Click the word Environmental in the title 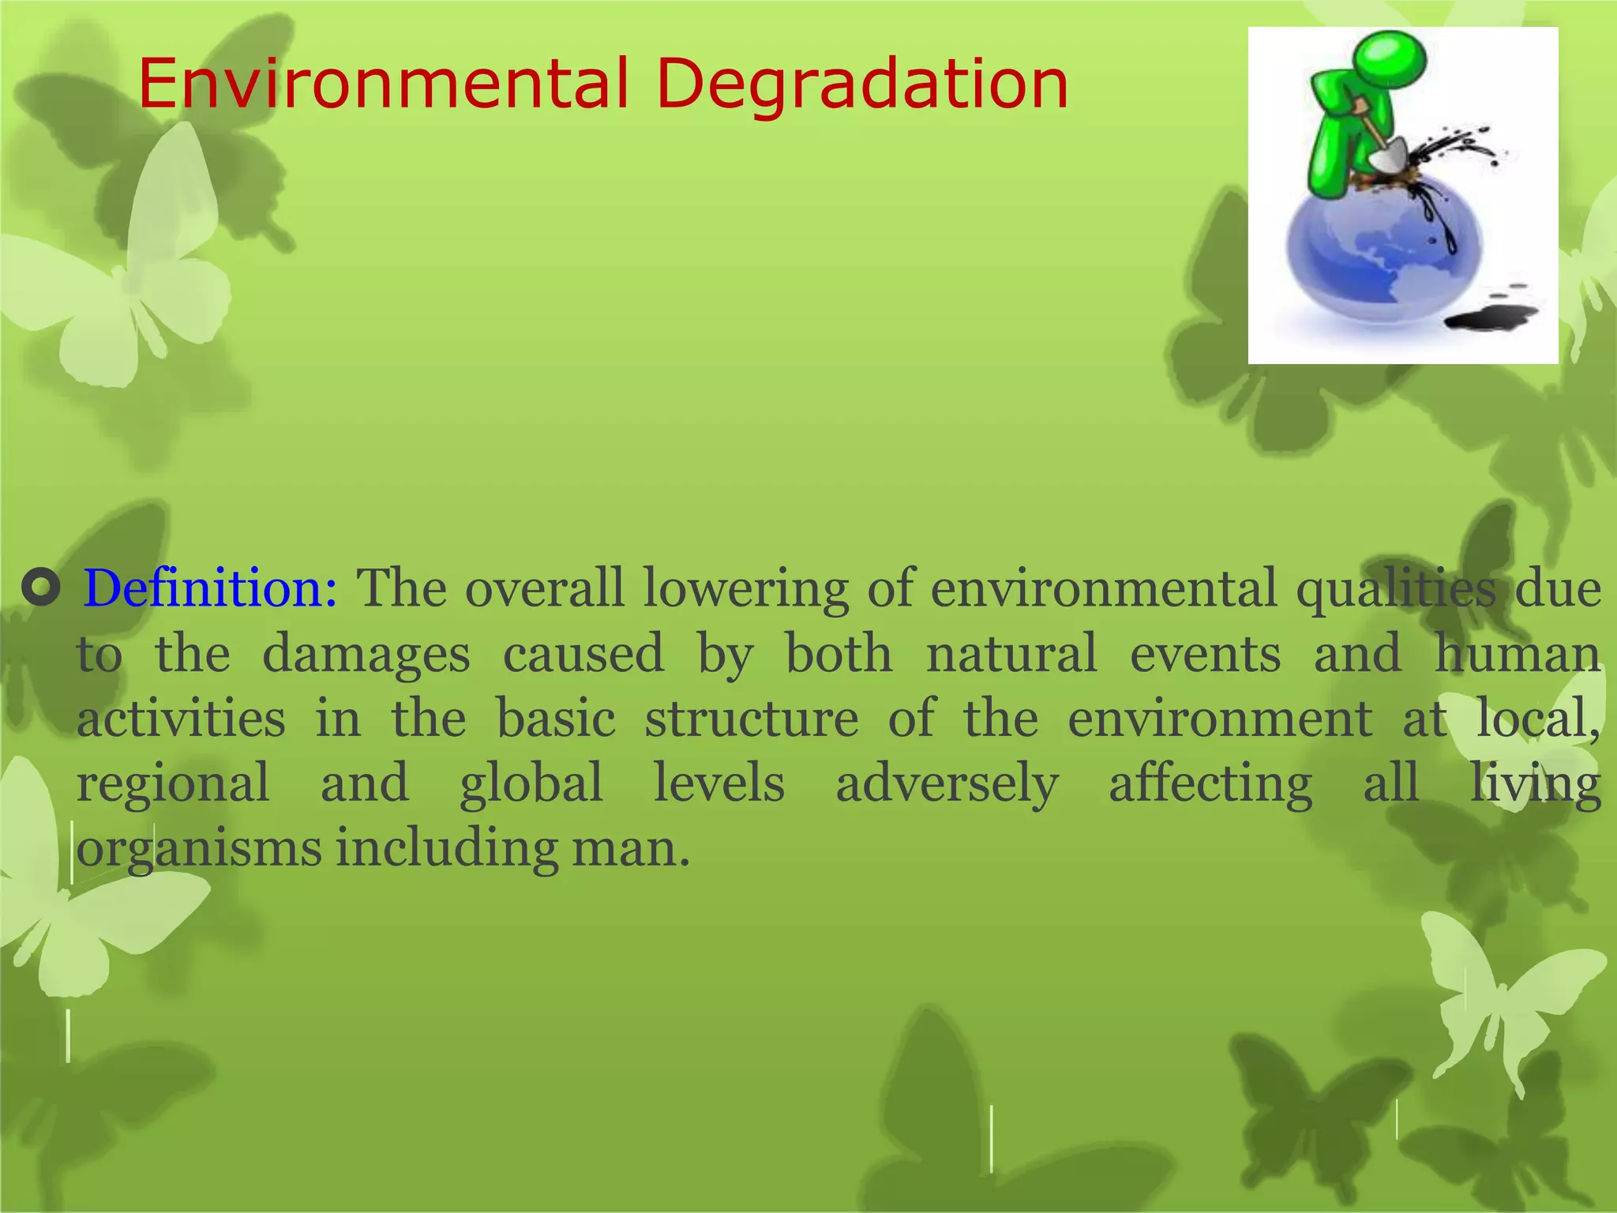pyautogui.click(x=383, y=84)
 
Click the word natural pyautogui.click(x=1011, y=653)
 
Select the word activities pyautogui.click(x=182, y=719)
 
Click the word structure pyautogui.click(x=752, y=719)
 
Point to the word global pyautogui.click(x=531, y=783)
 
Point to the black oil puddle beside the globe pyautogui.click(x=1491, y=319)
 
